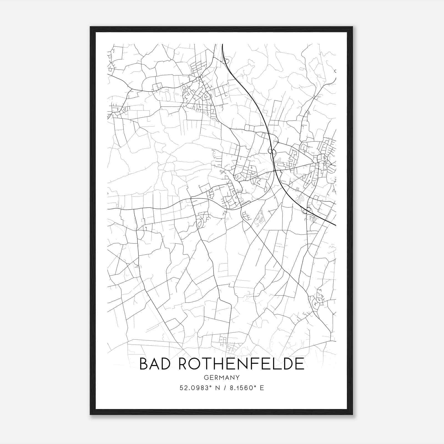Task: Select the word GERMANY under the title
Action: (x=221, y=377)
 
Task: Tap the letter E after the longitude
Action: (x=262, y=388)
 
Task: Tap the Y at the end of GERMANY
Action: (x=238, y=377)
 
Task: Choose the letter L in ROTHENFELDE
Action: (x=281, y=364)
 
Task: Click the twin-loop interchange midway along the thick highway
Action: (x=272, y=152)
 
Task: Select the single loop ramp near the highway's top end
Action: (x=227, y=61)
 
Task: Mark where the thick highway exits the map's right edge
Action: (x=335, y=225)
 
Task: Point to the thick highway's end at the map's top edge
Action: (x=223, y=44)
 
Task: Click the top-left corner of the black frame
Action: (x=90, y=27)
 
